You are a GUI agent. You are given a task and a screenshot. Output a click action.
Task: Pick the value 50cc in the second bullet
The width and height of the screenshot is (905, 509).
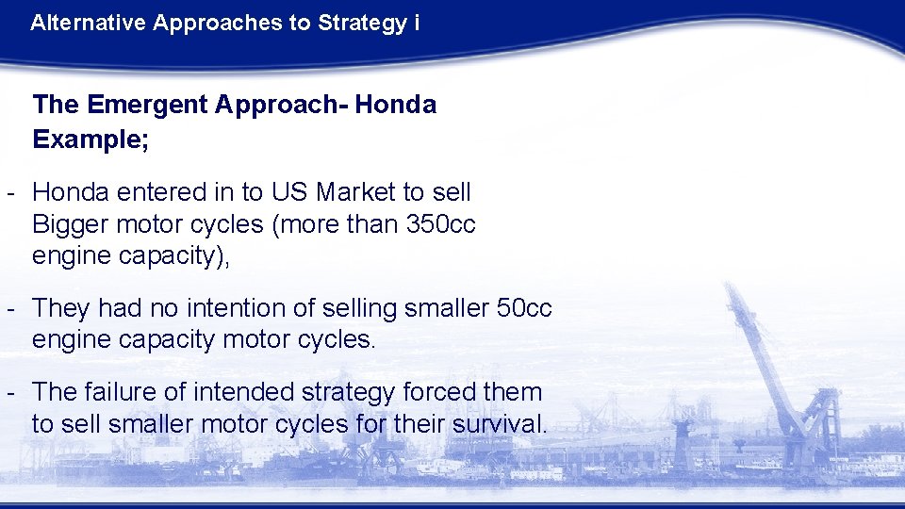point(523,308)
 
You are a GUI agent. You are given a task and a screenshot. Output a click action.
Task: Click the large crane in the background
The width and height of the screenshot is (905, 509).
point(782,377)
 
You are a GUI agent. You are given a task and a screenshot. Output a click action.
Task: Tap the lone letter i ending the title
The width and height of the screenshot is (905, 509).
point(417,23)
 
